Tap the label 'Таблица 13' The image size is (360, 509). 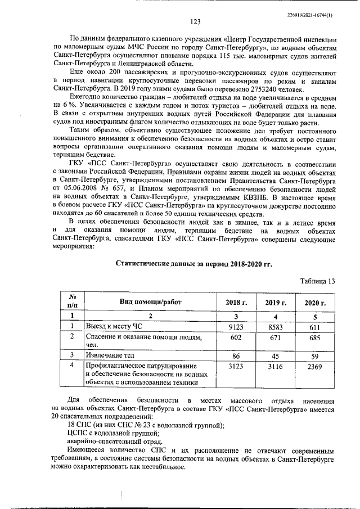(x=317, y=281)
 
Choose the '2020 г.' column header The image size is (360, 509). (x=315, y=303)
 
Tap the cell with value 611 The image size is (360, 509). (x=315, y=326)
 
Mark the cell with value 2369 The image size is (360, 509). (x=315, y=367)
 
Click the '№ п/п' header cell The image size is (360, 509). (x=72, y=302)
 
